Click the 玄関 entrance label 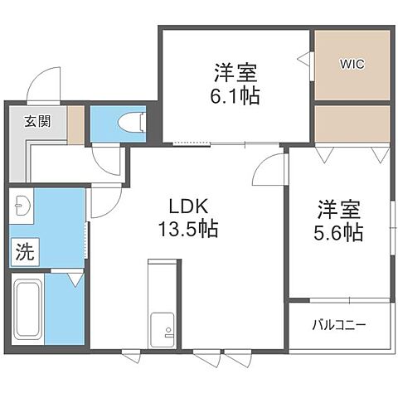[x=36, y=121]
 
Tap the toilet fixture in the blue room [x=130, y=123]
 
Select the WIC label [x=352, y=63]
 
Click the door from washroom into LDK [x=103, y=202]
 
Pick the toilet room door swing [x=108, y=158]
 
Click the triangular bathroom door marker [x=75, y=281]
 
